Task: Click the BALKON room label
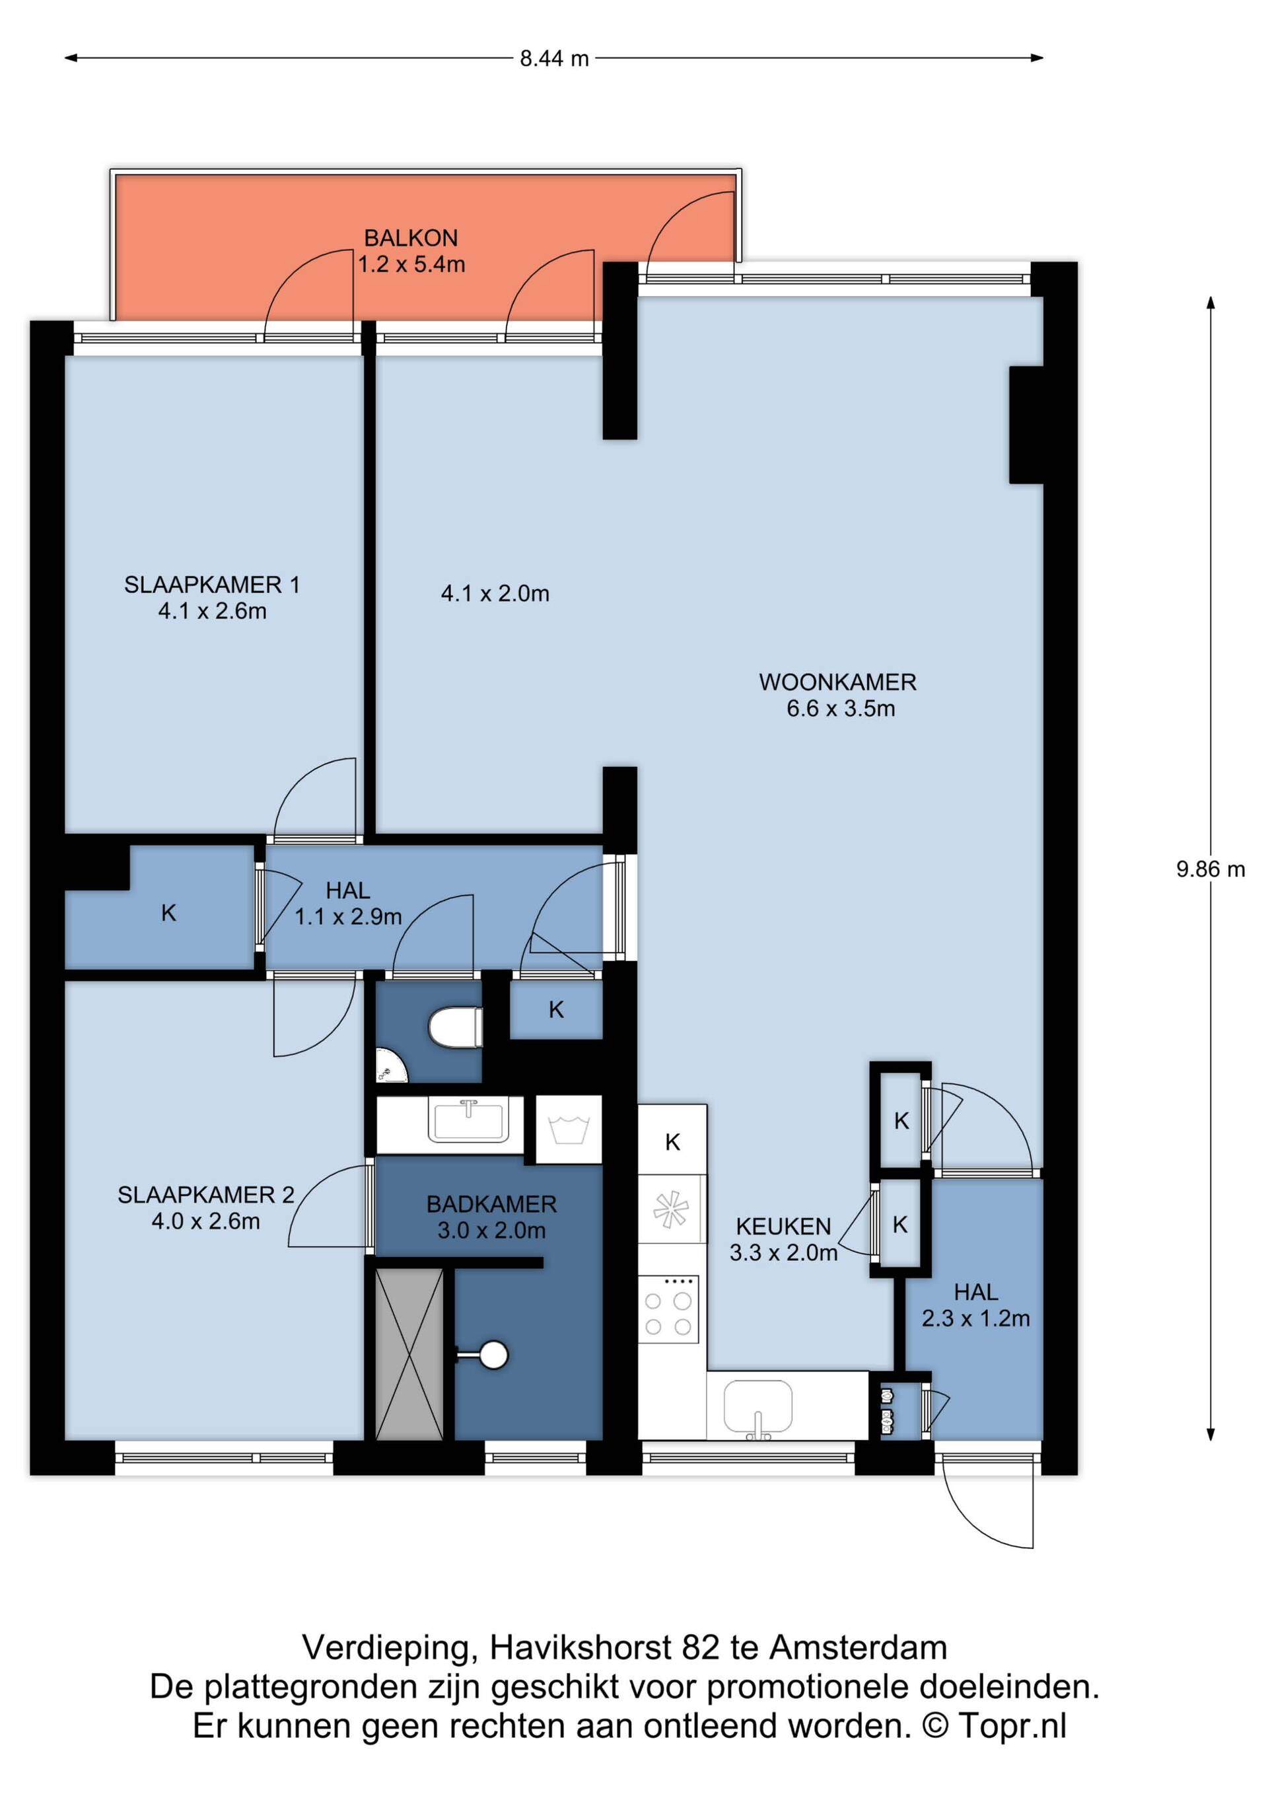click(x=411, y=238)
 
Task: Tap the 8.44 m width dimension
click(x=554, y=59)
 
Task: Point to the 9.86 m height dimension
click(x=1210, y=869)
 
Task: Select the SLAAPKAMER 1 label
click(x=212, y=585)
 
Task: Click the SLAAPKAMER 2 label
click(x=205, y=1195)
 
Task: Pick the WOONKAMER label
click(x=837, y=682)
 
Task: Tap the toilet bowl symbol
click(x=456, y=1026)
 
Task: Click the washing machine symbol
click(x=569, y=1130)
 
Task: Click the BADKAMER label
click(x=491, y=1204)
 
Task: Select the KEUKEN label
click(x=784, y=1226)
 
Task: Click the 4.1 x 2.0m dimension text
click(x=495, y=594)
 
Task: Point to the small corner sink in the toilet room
click(x=390, y=1067)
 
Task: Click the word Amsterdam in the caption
click(x=859, y=1648)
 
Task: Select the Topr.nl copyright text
click(x=1012, y=1726)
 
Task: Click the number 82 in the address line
click(x=701, y=1648)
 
